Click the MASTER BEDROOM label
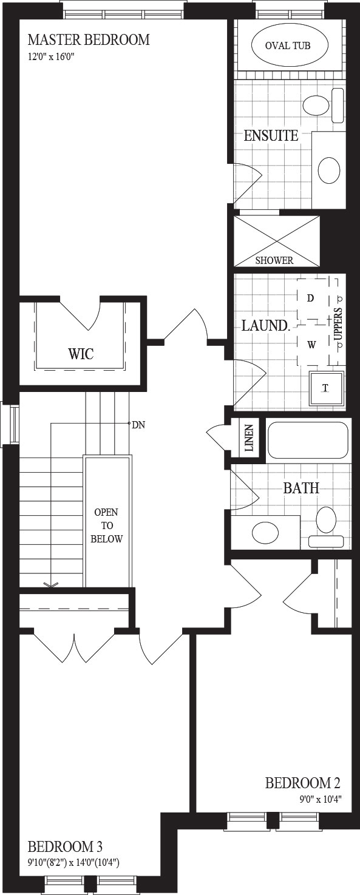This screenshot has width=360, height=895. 89,40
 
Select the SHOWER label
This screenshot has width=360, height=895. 274,260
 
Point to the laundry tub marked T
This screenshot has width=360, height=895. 327,388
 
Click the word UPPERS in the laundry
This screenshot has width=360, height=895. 338,323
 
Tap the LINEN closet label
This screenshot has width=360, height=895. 250,438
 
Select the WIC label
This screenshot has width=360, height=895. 81,354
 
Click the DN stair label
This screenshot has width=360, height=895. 138,425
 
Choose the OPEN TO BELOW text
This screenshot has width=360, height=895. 106,525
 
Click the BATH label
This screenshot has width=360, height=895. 301,488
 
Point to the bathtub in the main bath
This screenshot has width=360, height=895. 307,440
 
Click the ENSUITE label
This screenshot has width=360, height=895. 271,136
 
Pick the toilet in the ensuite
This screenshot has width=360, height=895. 324,106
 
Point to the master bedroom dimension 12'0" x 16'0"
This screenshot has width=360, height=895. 51,57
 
